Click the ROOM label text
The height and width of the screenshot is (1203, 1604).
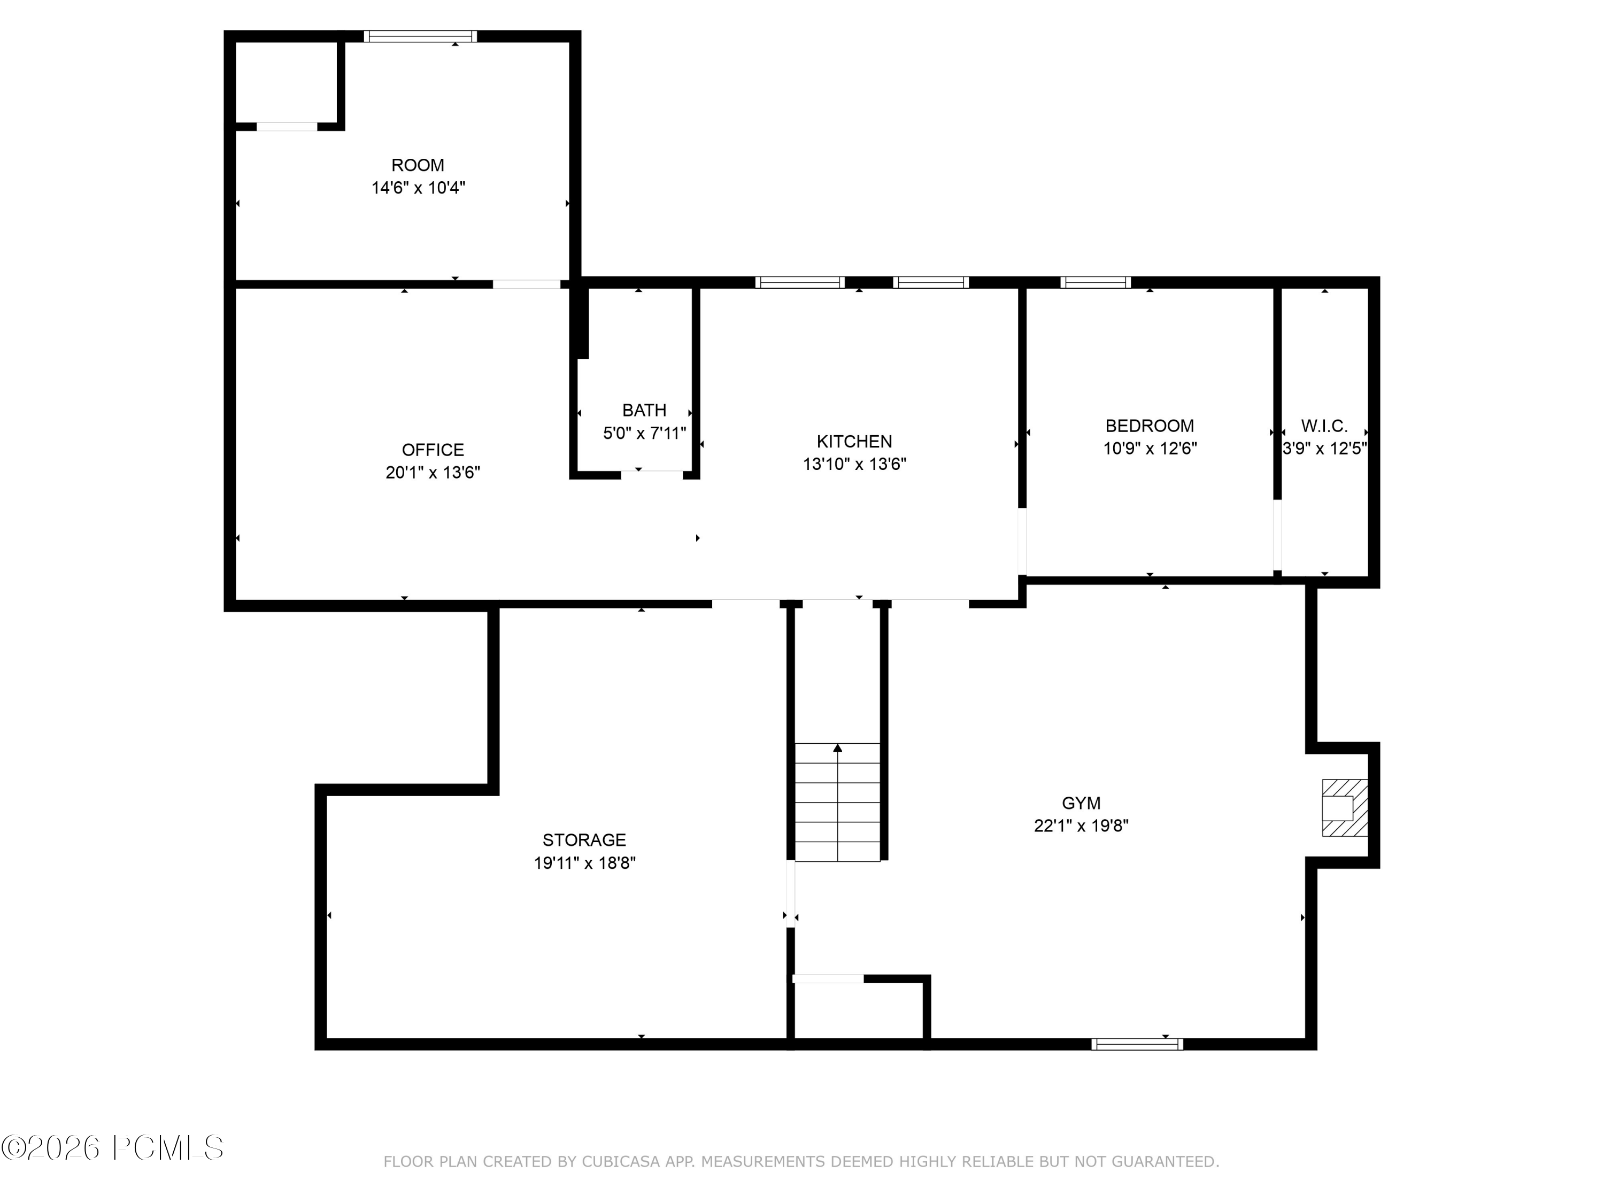pos(418,165)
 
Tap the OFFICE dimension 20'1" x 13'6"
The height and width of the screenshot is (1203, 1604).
pos(433,473)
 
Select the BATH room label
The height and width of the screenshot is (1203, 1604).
pos(644,411)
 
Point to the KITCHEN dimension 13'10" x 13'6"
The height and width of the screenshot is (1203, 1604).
pos(854,464)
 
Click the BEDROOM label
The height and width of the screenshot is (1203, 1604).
pos(1150,426)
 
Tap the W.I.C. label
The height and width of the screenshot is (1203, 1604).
pos(1324,426)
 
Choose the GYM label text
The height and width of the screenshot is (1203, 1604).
pos(1081,803)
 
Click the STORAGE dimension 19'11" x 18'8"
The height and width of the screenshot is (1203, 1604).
pos(584,863)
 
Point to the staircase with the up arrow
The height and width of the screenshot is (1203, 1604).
pos(837,802)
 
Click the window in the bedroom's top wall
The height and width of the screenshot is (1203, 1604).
pos(1095,283)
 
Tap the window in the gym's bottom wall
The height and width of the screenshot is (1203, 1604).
pos(1137,1044)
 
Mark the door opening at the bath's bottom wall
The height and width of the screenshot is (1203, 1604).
pos(652,475)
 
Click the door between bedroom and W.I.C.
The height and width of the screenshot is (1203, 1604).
pos(1277,535)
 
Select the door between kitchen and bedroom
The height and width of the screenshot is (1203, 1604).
pos(1022,541)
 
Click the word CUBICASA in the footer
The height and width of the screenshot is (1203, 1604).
pos(621,1162)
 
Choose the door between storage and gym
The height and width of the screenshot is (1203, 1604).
pos(790,893)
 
